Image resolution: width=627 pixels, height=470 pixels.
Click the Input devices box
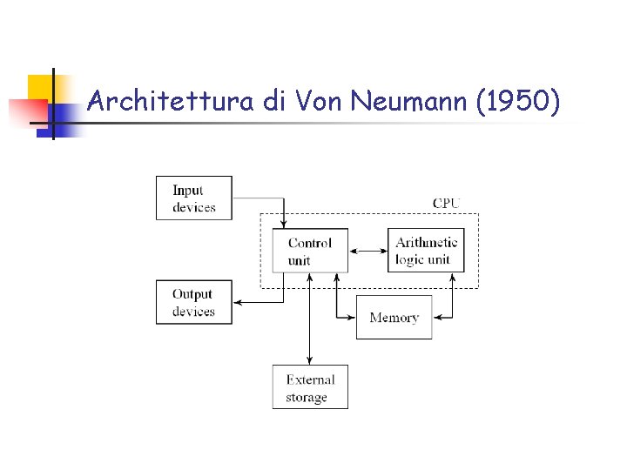click(193, 198)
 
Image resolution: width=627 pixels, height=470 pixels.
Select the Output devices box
click(193, 302)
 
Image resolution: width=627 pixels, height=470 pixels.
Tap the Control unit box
click(310, 251)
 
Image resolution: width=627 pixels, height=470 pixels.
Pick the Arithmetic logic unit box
click(426, 251)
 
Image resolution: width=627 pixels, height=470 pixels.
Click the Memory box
click(394, 318)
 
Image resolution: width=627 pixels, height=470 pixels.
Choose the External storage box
click(310, 387)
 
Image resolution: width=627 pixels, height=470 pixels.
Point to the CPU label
click(446, 204)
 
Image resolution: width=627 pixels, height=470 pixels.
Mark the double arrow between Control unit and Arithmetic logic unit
click(367, 251)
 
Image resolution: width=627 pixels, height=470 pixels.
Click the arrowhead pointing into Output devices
click(238, 302)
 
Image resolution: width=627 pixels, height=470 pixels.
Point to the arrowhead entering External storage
click(309, 360)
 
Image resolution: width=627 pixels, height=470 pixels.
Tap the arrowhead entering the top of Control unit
click(284, 224)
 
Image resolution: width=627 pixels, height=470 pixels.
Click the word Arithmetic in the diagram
click(426, 243)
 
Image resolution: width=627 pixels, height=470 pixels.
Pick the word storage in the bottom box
click(307, 398)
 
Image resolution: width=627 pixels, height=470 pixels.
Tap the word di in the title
click(274, 103)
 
